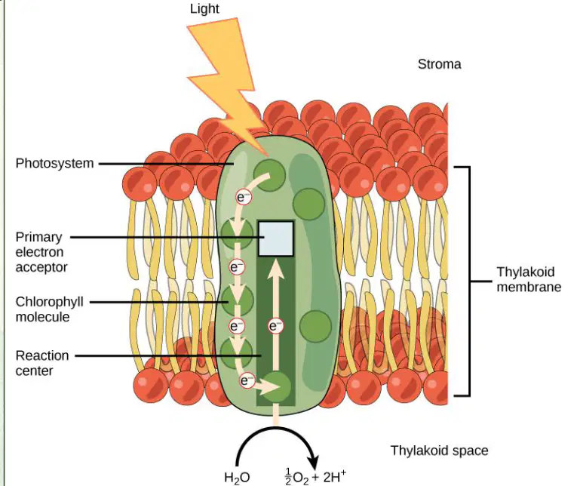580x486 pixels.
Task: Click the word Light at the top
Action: tap(204, 9)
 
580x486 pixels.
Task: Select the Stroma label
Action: tap(440, 64)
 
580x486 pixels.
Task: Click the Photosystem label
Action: tap(55, 163)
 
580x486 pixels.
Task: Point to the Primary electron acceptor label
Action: tap(41, 252)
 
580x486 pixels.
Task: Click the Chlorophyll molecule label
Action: tap(49, 309)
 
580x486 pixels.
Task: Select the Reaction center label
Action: tap(42, 363)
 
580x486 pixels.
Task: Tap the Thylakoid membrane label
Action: tap(529, 279)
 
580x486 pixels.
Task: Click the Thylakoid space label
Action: tap(440, 451)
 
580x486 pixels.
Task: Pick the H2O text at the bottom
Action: tap(237, 477)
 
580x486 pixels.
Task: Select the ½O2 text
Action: tap(296, 477)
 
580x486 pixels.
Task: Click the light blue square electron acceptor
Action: tap(276, 238)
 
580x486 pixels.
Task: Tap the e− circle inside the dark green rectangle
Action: tap(275, 327)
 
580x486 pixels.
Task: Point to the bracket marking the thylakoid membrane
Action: tap(470, 281)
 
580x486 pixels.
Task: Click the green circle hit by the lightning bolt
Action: tap(269, 175)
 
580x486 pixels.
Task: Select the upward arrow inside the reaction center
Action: tap(275, 315)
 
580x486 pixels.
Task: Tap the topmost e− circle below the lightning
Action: tap(244, 198)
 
